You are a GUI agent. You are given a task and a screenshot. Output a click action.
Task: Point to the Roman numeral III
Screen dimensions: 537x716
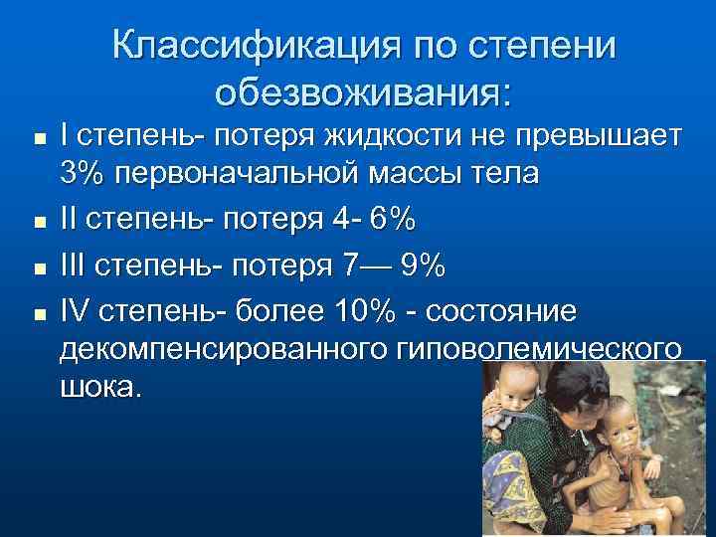[x=73, y=267]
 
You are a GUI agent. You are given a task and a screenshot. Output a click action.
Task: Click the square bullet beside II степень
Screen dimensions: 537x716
[x=37, y=223]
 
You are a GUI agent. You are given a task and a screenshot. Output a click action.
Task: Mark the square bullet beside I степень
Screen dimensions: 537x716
[x=37, y=135]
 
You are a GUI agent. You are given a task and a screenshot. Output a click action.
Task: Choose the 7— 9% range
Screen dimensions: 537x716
[x=396, y=267]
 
